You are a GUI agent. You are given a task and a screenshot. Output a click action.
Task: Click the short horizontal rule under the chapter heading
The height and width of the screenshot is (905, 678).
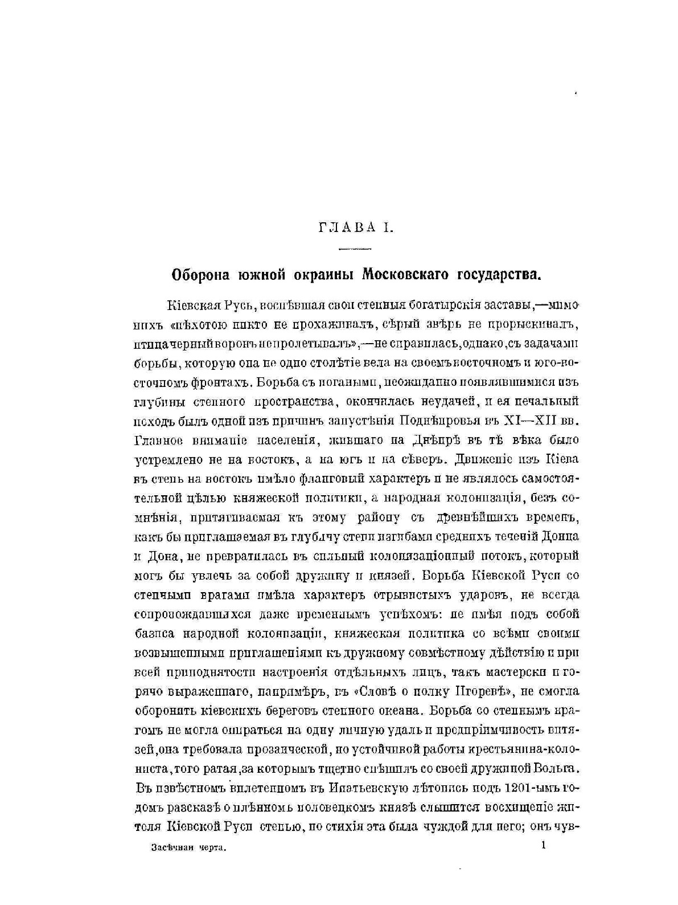354,248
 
